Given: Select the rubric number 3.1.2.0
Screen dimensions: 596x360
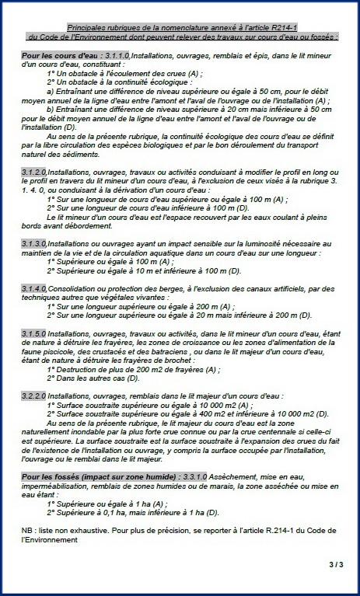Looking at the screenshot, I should [34, 170].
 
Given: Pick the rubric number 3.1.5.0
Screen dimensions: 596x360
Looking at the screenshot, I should [34, 333].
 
